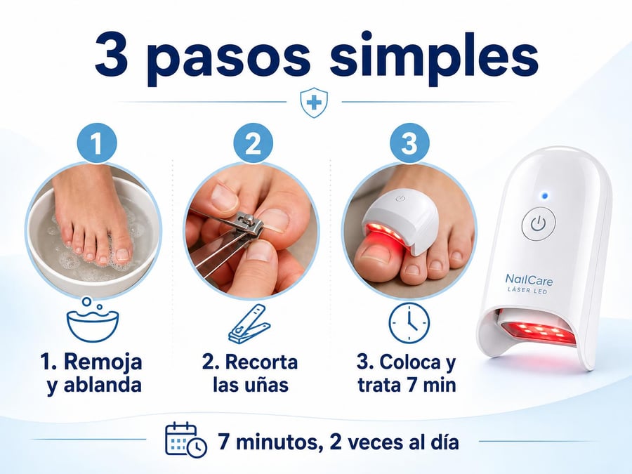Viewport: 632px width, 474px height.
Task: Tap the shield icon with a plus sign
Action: click(314, 103)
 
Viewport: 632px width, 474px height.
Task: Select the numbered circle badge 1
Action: click(97, 143)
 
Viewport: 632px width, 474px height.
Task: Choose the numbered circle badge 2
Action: click(253, 143)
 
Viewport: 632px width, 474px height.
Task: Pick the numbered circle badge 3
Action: click(409, 143)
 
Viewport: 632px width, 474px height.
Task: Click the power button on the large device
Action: click(538, 223)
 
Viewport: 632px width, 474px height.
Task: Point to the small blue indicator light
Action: click(545, 196)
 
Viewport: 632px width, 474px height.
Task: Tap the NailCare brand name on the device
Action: click(529, 279)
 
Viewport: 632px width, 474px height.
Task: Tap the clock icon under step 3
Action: click(409, 323)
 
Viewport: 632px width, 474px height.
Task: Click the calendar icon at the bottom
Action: click(186, 440)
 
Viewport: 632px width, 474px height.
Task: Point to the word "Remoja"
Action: click(103, 362)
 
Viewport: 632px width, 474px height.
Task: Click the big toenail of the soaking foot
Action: click(122, 254)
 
